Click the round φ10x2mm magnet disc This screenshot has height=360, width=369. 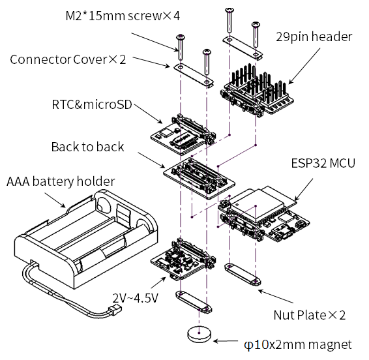point(199,334)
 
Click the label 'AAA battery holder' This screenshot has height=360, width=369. point(61,181)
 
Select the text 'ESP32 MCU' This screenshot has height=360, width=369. point(323,163)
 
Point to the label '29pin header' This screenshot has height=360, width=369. point(314,37)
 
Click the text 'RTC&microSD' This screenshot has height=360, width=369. point(92,104)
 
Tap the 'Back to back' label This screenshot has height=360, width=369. point(87,147)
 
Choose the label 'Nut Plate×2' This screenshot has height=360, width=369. point(310,315)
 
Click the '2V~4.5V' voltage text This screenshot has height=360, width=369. point(136,298)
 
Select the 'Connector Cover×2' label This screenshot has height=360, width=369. point(68,59)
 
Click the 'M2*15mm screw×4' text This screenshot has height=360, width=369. point(123,16)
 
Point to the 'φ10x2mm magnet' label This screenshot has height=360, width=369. point(298,345)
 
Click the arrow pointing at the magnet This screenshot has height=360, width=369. point(226,341)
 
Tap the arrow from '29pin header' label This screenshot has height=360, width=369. point(304,66)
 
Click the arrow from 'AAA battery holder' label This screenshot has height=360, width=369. point(55,200)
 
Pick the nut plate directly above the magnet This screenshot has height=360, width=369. point(194,302)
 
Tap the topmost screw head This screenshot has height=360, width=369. point(229,10)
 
